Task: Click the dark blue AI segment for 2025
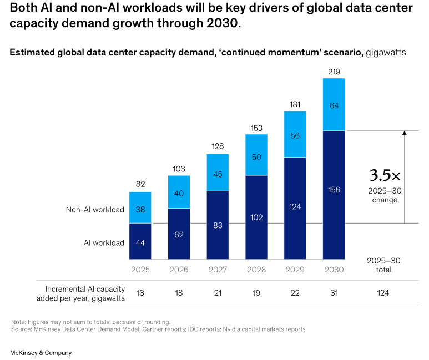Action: coord(140,241)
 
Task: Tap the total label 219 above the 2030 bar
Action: coord(334,72)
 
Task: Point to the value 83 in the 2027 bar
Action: coord(218,225)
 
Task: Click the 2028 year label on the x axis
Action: coord(256,270)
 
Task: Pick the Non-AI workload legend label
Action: coord(95,210)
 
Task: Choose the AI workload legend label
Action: coord(103,242)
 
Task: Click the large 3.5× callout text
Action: coord(385,176)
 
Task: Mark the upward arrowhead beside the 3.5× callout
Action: coord(404,133)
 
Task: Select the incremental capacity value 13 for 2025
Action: coord(140,293)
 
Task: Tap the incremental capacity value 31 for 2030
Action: coord(334,293)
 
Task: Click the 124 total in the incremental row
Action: coord(383,293)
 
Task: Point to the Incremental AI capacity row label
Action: coord(80,293)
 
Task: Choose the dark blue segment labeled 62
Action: coord(179,234)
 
